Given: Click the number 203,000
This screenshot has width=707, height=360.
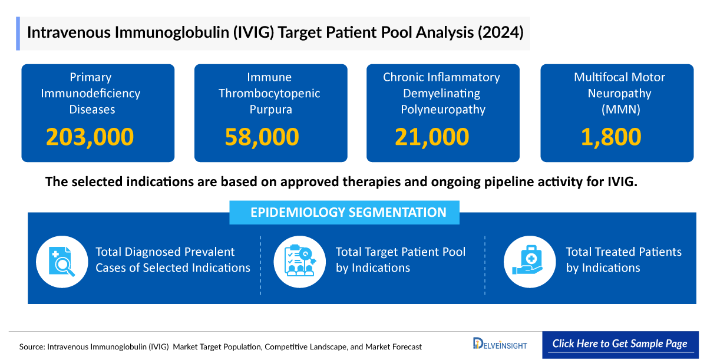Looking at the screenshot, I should click(90, 137).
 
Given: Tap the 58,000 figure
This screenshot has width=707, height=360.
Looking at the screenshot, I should click(262, 137).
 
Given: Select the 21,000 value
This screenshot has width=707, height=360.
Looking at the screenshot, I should click(432, 137).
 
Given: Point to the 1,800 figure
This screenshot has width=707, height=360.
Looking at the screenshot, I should click(611, 137).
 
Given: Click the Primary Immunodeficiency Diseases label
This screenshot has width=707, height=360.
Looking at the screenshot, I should click(90, 93).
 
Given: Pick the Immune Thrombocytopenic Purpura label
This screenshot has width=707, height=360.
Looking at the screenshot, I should click(269, 93).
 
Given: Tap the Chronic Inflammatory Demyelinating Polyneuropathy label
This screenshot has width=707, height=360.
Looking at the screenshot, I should click(442, 93).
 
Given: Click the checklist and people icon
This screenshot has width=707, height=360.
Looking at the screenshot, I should click(299, 261).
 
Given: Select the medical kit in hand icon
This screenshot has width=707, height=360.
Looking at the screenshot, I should click(529, 261).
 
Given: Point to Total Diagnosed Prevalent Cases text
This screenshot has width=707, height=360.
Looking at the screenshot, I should click(173, 260).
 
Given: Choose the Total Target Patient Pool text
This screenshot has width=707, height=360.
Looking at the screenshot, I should click(401, 260).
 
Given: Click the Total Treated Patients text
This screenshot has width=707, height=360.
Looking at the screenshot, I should click(623, 260).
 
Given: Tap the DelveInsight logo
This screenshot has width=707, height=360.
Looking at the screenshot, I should click(500, 344).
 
